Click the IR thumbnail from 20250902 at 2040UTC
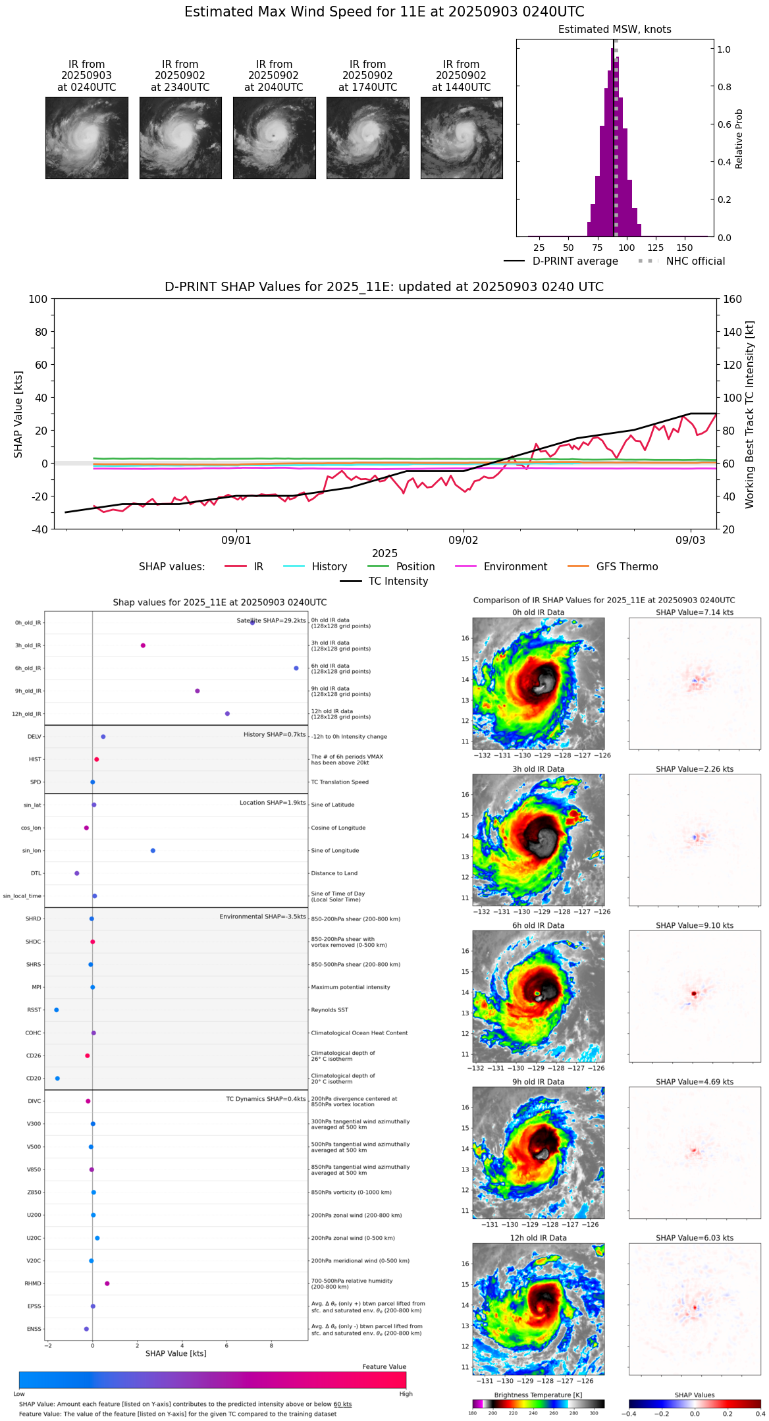[274, 138]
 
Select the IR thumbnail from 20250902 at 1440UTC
[462, 138]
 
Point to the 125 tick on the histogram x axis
[655, 248]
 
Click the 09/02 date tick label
[463, 541]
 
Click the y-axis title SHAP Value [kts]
[18, 414]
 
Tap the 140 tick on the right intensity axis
[732, 332]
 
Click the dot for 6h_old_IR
[296, 668]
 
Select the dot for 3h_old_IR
[143, 645]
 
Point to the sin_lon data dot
[153, 851]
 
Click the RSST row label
[34, 1010]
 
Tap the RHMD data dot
[107, 1283]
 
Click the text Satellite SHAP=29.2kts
[271, 621]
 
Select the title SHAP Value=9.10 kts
[694, 926]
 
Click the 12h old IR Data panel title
[538, 1238]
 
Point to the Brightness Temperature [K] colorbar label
[537, 1395]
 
